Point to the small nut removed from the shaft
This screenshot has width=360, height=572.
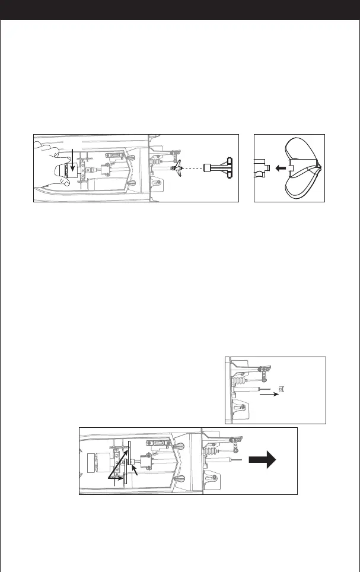pyautogui.click(x=282, y=389)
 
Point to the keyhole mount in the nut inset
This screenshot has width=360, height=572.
pyautogui.click(x=242, y=408)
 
